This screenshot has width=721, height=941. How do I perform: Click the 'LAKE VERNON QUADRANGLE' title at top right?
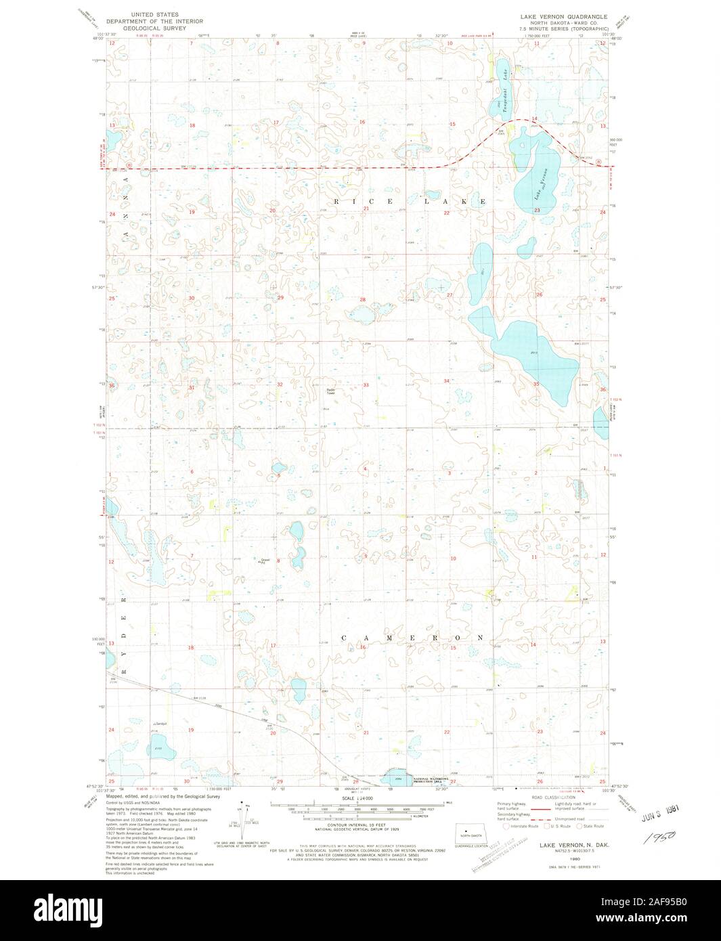pos(563,16)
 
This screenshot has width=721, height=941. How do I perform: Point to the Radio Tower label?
pos(331,391)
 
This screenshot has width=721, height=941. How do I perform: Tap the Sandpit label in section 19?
pos(160,722)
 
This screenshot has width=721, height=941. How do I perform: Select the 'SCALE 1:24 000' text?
pos(357,799)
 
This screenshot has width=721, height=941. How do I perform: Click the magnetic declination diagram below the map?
pos(243,823)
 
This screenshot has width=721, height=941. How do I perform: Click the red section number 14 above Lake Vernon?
pos(534,119)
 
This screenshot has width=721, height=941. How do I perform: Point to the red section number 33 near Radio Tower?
pos(366,385)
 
